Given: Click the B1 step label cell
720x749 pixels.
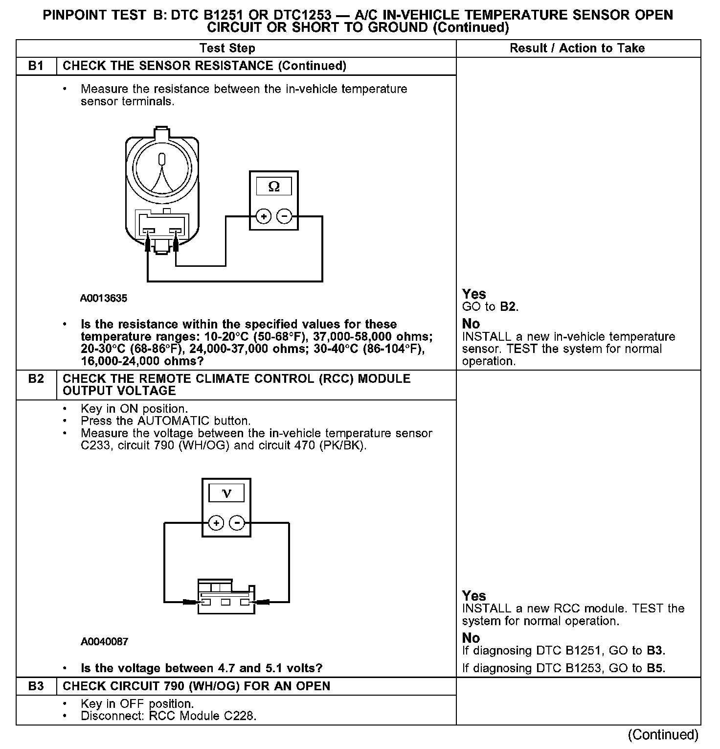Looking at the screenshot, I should point(36,66).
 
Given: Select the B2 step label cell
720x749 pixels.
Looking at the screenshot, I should point(36,379).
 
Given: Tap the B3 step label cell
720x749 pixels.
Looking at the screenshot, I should point(36,686).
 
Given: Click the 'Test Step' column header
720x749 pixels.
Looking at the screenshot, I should point(227,48).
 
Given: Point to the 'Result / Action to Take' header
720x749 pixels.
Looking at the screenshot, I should point(577,48).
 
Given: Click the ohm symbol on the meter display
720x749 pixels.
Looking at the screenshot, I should point(274,187).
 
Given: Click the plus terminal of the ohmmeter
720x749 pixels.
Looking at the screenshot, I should point(263,216).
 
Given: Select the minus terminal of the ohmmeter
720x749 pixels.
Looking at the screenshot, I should point(284,216).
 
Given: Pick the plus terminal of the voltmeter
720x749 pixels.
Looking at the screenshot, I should point(216,523).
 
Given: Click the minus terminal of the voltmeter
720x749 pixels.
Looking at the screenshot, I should point(237,523).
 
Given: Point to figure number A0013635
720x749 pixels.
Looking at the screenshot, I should point(104,298).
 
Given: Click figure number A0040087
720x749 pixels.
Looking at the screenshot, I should point(104,641).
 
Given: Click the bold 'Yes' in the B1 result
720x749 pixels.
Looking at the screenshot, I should point(474,294).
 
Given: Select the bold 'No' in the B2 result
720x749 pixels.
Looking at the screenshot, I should point(471,638).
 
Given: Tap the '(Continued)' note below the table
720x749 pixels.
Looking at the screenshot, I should point(663,735).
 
